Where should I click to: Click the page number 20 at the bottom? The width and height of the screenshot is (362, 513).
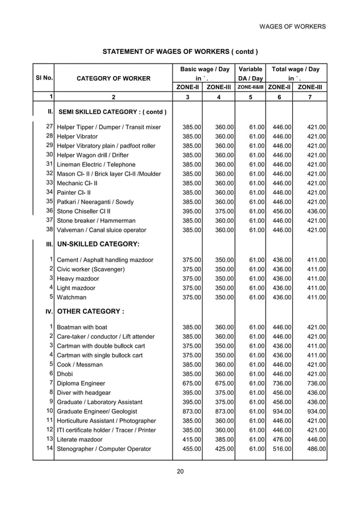tap(180, 470)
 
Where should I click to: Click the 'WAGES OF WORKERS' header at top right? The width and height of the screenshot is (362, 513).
tap(292, 27)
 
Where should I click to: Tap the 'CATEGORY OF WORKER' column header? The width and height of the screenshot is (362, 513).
tap(114, 78)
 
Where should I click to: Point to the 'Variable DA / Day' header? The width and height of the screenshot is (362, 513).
tap(250, 74)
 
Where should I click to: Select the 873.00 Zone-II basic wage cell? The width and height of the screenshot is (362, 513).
tap(190, 411)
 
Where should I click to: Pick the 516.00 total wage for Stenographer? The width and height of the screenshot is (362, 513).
tap(280, 449)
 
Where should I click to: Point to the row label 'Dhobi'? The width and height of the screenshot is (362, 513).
tap(66, 374)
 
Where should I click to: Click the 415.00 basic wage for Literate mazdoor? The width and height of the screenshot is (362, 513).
tap(190, 439)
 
